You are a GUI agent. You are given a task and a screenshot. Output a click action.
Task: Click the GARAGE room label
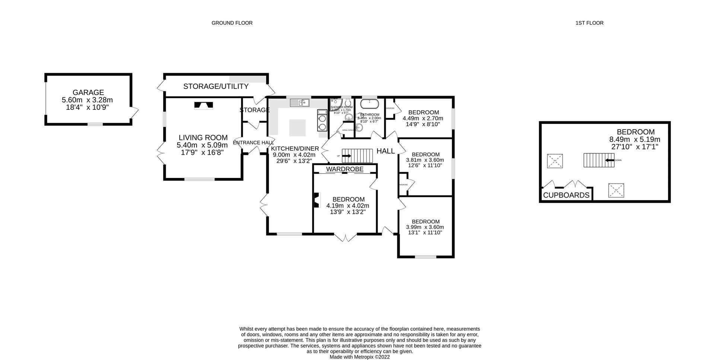tap(88, 92)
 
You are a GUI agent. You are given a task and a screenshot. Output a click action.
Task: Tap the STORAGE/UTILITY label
tap(216, 86)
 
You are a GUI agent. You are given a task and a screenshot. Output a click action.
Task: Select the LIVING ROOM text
tap(203, 138)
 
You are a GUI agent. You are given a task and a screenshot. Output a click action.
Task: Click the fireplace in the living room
tap(204, 106)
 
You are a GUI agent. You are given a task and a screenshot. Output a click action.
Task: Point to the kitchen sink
tap(300, 102)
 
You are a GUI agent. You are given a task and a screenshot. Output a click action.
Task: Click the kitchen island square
tap(298, 127)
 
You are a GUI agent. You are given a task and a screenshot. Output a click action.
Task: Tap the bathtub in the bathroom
tap(369, 103)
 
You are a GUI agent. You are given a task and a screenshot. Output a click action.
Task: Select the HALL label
tap(385, 151)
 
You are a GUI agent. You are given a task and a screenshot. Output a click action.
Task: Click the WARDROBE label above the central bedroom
tap(344, 169)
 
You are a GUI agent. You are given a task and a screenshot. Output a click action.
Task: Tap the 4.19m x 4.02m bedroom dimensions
tap(348, 206)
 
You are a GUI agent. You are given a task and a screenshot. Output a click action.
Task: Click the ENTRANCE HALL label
tap(253, 143)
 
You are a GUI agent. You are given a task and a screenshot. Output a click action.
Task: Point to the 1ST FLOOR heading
tap(589, 23)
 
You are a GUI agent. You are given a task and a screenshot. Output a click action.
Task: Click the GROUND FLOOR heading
tap(232, 23)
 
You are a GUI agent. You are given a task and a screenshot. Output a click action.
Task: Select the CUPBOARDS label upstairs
tap(566, 195)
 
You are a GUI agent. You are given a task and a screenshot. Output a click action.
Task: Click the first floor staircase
tap(598, 160)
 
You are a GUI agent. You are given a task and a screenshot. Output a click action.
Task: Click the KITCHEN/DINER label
tap(295, 149)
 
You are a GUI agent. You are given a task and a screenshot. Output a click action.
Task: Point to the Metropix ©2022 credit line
tap(359, 357)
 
